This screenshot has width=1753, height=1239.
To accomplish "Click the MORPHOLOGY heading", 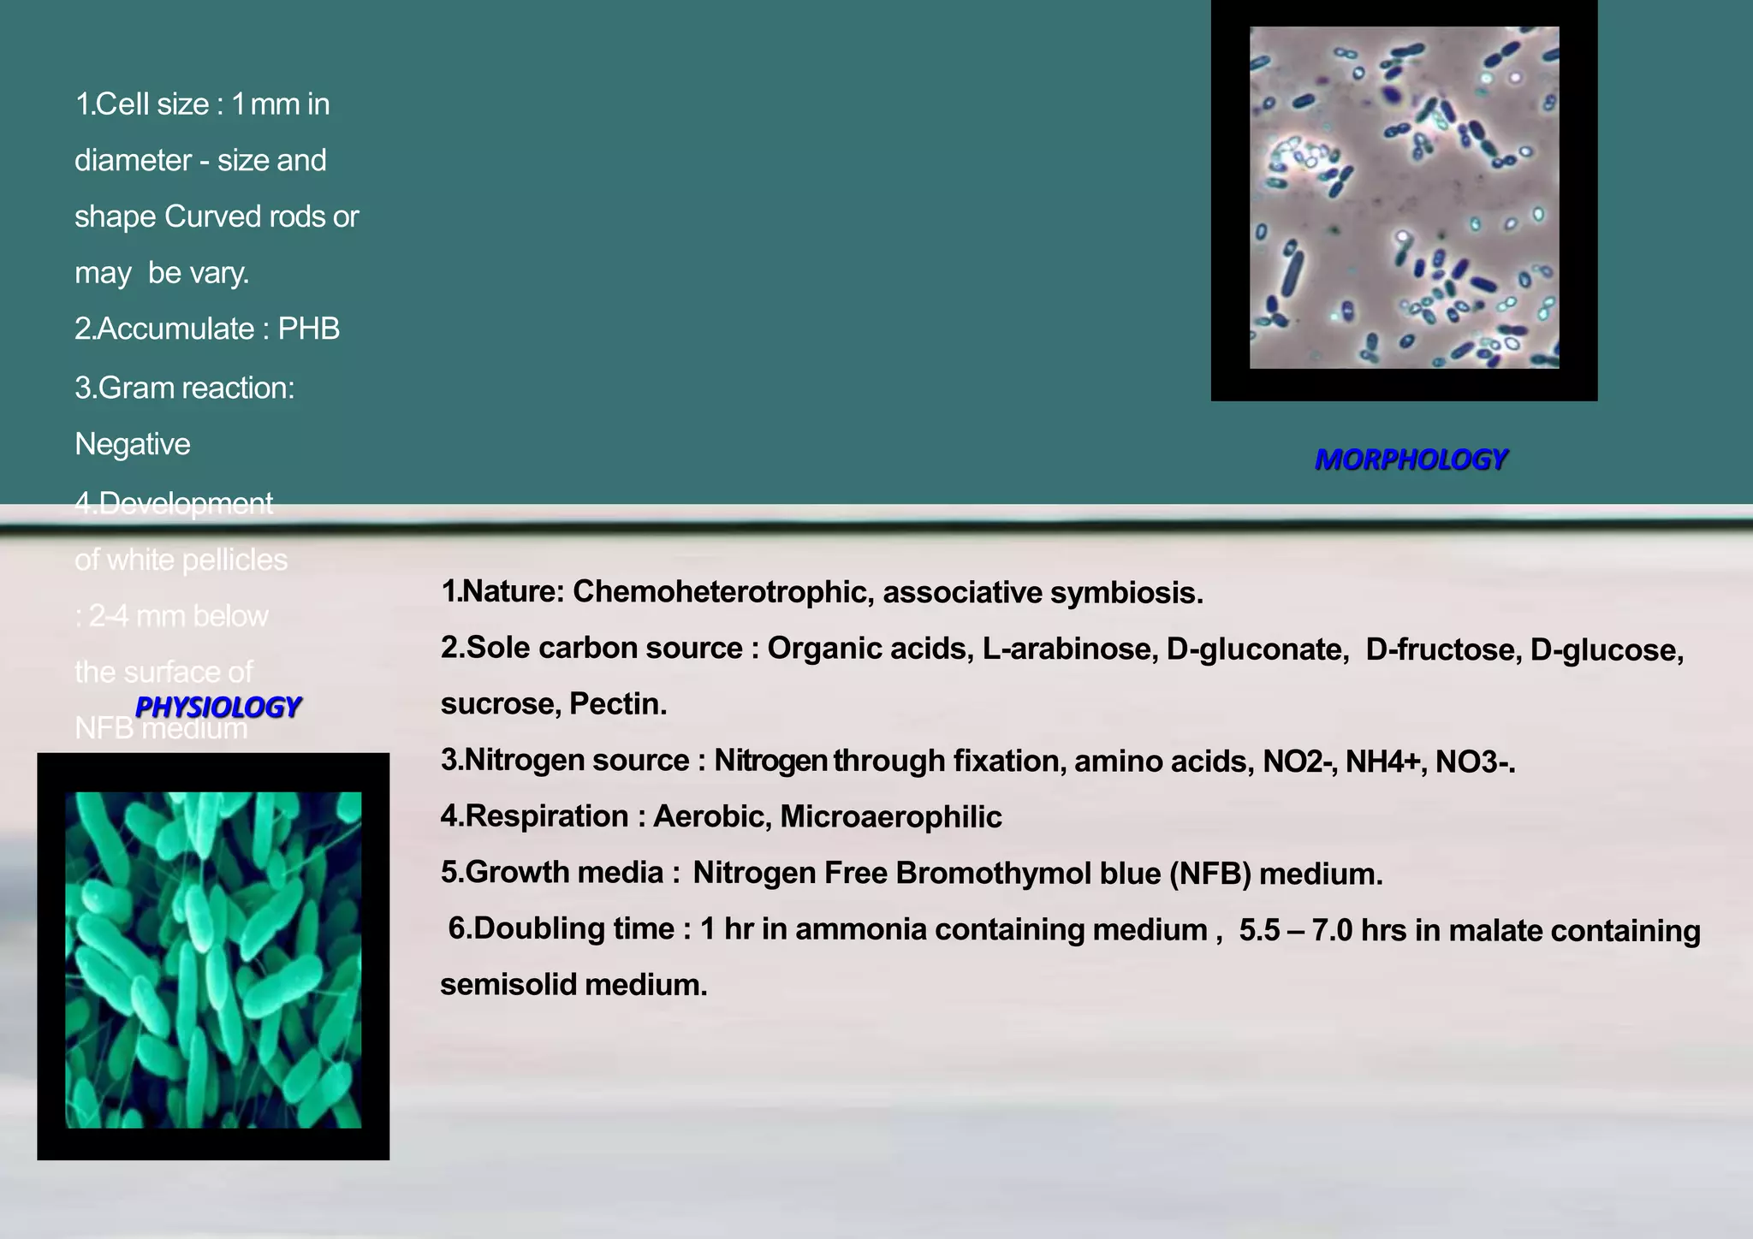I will click(x=1411, y=459).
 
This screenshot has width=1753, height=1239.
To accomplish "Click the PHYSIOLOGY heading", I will click(x=217, y=707).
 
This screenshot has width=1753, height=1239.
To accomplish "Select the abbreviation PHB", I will click(x=309, y=329).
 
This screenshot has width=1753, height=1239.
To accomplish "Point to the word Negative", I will click(x=133, y=444).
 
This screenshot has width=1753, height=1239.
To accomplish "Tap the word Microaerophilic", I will click(x=890, y=816).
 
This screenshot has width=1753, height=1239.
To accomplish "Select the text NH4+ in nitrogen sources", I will click(x=1382, y=761).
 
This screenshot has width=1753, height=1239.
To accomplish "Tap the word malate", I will click(x=1496, y=929).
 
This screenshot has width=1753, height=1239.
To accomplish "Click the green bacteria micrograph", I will click(x=213, y=959).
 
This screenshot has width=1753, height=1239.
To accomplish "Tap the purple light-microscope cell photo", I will click(x=1404, y=198).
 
